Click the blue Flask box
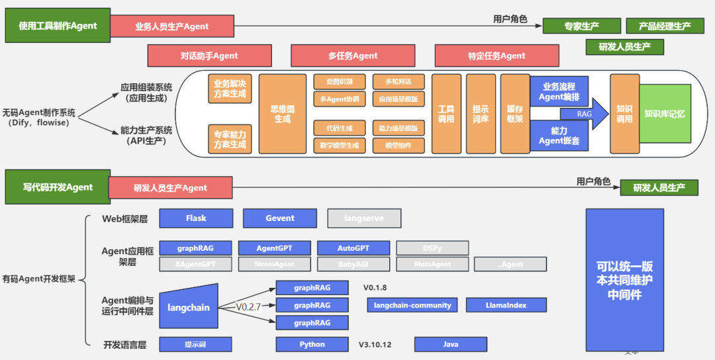(x=196, y=218)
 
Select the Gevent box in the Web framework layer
(x=280, y=218)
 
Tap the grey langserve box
(x=364, y=218)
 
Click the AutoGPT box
(x=354, y=248)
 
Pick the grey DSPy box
(x=432, y=248)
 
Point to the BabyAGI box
(x=354, y=264)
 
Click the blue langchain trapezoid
(x=189, y=307)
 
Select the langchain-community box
(x=412, y=305)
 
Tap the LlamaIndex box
(x=506, y=305)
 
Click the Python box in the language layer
(x=312, y=344)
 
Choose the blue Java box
(x=450, y=344)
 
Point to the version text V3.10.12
(x=375, y=344)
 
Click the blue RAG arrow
(x=584, y=114)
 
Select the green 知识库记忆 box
(x=664, y=114)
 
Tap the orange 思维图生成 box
(x=282, y=114)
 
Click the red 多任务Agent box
(x=353, y=56)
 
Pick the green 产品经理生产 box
(x=664, y=26)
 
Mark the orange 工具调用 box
(x=446, y=114)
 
